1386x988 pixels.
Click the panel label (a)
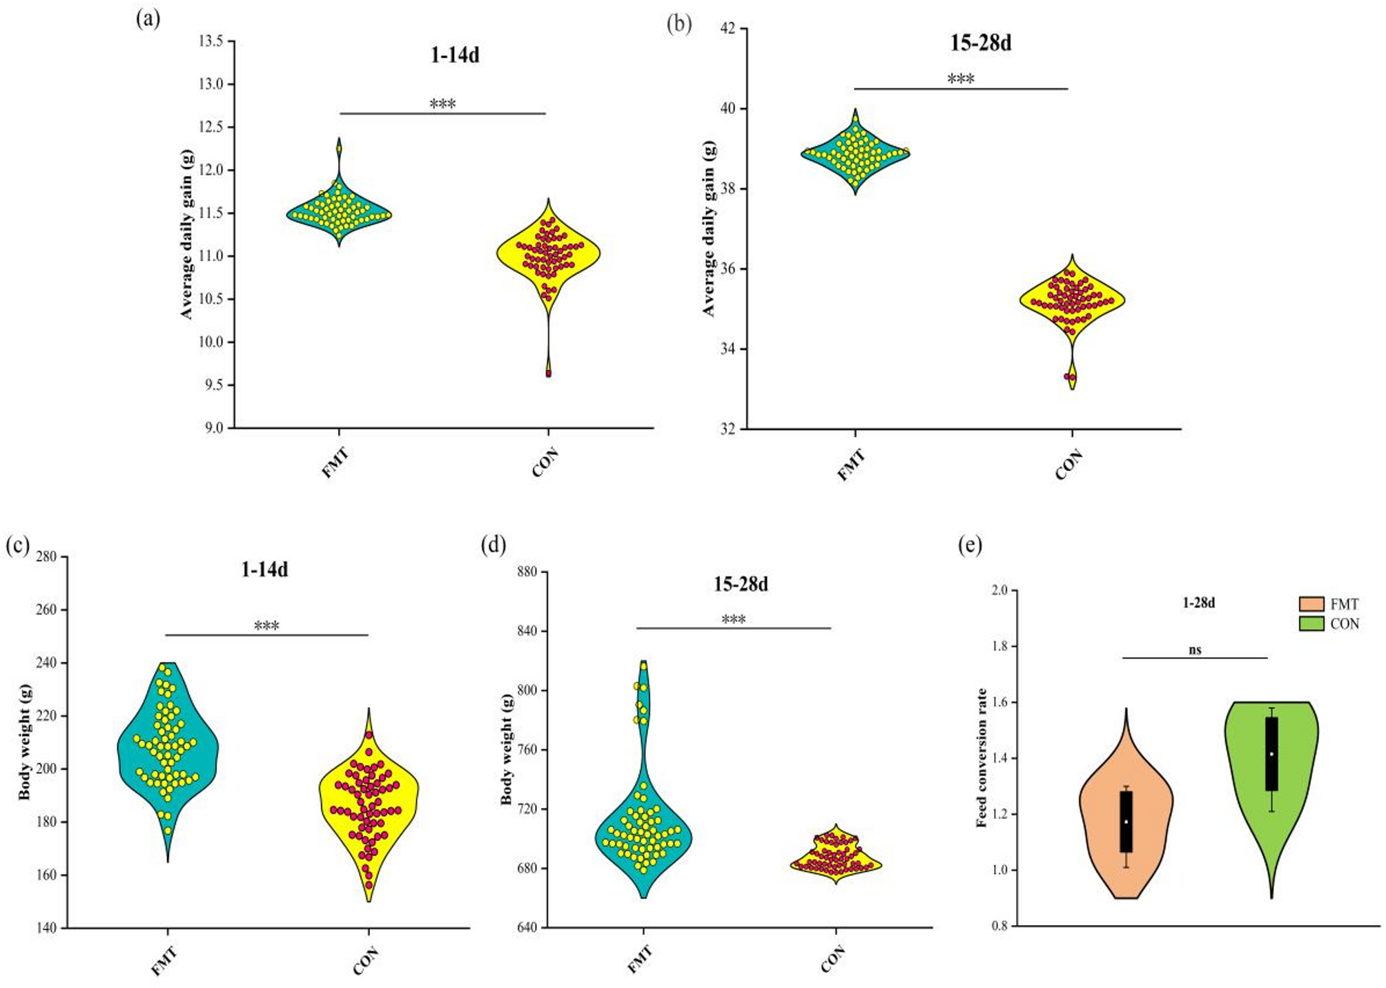click(x=148, y=19)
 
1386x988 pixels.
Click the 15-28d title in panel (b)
click(x=980, y=43)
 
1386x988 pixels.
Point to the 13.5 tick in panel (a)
click(x=211, y=41)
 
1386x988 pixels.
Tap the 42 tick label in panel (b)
click(x=728, y=28)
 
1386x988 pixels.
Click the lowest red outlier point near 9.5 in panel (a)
click(x=549, y=374)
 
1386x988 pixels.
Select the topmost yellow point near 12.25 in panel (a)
click(x=339, y=148)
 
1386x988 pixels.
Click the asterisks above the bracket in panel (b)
click(x=961, y=79)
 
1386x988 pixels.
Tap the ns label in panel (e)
click(x=1195, y=649)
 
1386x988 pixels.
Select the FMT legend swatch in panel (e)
click(x=1311, y=604)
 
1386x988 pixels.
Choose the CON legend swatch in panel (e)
click(x=1311, y=623)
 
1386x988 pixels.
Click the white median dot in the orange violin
click(x=1126, y=822)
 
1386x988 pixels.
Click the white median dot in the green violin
click(x=1271, y=754)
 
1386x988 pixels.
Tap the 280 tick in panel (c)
click(x=46, y=556)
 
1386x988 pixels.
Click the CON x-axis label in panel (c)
click(x=366, y=960)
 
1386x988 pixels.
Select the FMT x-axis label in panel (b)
click(x=851, y=465)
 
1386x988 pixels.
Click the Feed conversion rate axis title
click(x=982, y=757)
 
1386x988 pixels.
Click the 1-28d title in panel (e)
click(x=1199, y=603)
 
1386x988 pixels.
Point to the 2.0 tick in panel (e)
click(x=999, y=590)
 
